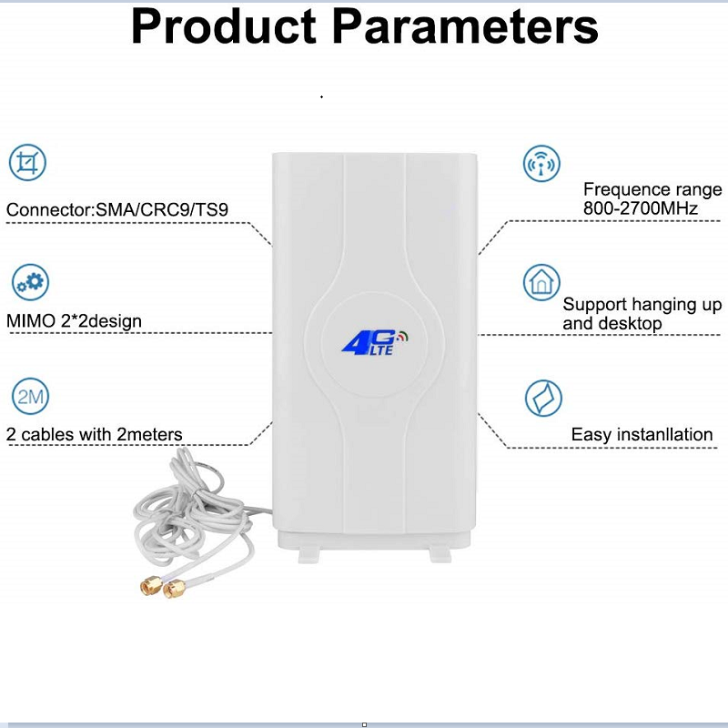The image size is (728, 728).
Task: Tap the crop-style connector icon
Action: (27, 163)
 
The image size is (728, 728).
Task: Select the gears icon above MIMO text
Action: (29, 281)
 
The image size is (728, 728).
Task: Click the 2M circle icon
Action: (29, 397)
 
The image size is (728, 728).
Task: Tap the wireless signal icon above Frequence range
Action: (541, 164)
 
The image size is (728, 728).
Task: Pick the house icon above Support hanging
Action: (541, 282)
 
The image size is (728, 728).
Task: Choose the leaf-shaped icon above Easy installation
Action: (543, 399)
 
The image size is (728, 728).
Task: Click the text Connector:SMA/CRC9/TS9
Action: (117, 211)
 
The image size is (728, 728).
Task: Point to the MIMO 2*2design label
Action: (74, 321)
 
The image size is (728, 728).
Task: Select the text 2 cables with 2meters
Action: (95, 435)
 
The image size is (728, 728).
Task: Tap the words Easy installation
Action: (642, 435)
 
